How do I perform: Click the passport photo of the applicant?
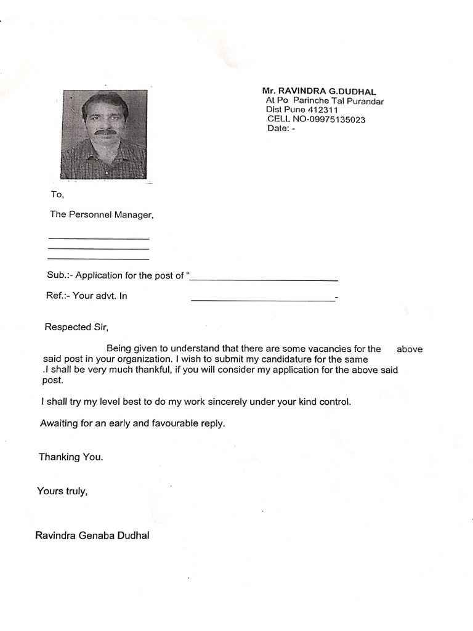point(105,134)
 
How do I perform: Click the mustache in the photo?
point(105,131)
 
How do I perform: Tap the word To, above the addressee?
point(57,195)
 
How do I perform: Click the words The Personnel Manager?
point(101,215)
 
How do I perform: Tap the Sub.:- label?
point(59,275)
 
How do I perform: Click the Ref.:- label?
point(58,296)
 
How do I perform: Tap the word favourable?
point(179,424)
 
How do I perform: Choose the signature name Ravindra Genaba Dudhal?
point(92,535)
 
